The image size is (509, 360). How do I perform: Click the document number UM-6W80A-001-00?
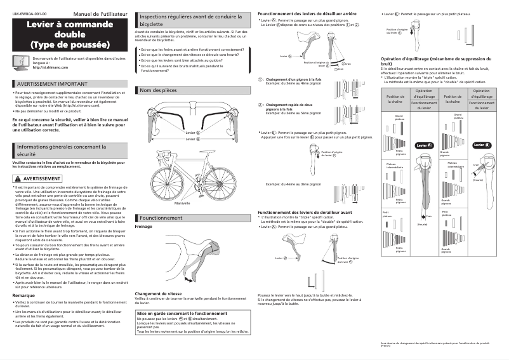[x=29, y=13]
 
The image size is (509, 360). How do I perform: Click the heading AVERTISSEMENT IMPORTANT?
[x=52, y=83]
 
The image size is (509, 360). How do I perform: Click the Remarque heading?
[x=23, y=296]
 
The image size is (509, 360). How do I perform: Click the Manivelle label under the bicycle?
[x=182, y=203]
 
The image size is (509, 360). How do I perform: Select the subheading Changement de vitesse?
[x=159, y=293]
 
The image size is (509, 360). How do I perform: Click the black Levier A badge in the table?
[x=424, y=145]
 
